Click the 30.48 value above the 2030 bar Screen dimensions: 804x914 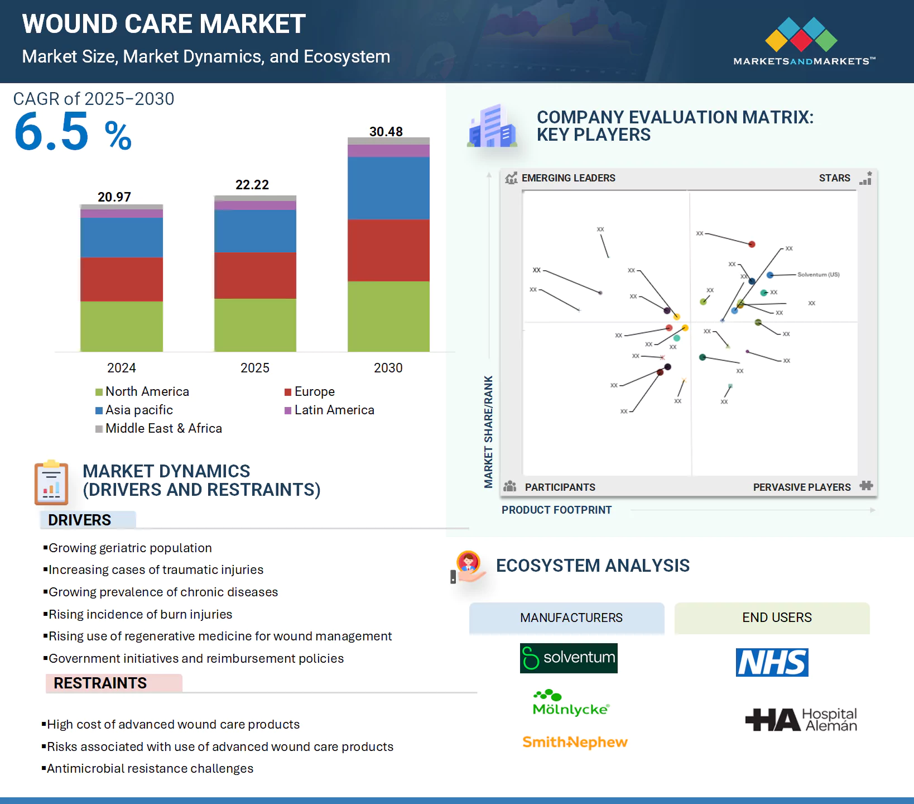(x=386, y=132)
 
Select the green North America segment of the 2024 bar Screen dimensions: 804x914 (x=122, y=326)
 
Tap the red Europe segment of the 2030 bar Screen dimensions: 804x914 (x=388, y=250)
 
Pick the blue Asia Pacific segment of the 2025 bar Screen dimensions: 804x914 (x=255, y=231)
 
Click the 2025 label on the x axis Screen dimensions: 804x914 (x=254, y=368)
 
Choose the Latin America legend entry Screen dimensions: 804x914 (x=329, y=410)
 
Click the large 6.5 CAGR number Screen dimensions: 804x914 (x=51, y=132)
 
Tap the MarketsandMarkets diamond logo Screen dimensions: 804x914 (x=801, y=35)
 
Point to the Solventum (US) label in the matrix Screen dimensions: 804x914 (x=818, y=275)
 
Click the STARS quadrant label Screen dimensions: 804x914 (x=834, y=178)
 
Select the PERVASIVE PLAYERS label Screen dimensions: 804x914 (x=801, y=487)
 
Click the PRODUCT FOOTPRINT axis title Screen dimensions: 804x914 (x=556, y=510)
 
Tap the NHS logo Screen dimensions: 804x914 (x=772, y=663)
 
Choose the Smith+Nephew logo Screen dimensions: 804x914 (x=575, y=742)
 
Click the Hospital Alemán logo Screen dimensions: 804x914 (x=801, y=720)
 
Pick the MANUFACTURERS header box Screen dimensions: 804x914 (x=566, y=618)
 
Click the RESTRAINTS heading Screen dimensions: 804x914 (x=100, y=683)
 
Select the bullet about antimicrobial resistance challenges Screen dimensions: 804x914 (x=150, y=769)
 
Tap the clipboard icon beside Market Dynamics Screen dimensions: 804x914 (x=51, y=483)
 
